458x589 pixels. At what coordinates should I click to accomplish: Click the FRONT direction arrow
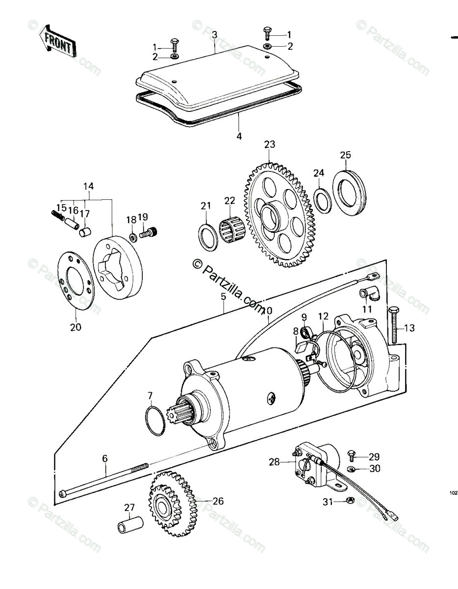pyautogui.click(x=58, y=44)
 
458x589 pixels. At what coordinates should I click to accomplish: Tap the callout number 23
pyautogui.click(x=270, y=145)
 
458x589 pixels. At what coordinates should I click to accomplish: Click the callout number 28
pyautogui.click(x=275, y=461)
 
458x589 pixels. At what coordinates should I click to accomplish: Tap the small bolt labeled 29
pyautogui.click(x=351, y=455)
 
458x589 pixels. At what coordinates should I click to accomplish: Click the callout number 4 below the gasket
pyautogui.click(x=239, y=136)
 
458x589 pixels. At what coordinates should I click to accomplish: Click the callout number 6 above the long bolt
pyautogui.click(x=104, y=458)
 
